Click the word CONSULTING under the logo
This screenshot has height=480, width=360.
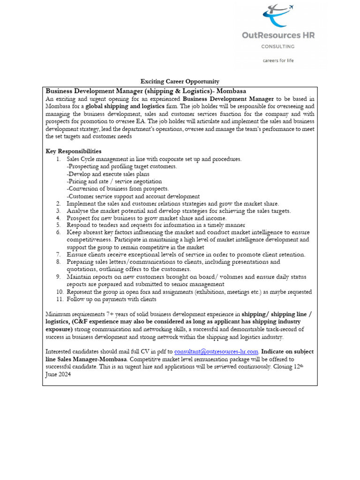pyautogui.click(x=278, y=46)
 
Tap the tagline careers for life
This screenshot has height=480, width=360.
pyautogui.click(x=278, y=60)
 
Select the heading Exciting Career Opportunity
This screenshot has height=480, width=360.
pyautogui.click(x=180, y=82)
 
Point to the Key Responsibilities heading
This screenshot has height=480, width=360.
pyautogui.click(x=73, y=151)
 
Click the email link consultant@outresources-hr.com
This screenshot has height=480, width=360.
pyautogui.click(x=216, y=352)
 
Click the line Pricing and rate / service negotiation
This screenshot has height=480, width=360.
pyautogui.click(x=114, y=181)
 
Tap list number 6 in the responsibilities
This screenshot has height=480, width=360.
pyautogui.click(x=59, y=232)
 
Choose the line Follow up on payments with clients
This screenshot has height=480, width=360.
pyautogui.click(x=112, y=299)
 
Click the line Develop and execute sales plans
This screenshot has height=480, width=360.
pyautogui.click(x=105, y=174)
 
